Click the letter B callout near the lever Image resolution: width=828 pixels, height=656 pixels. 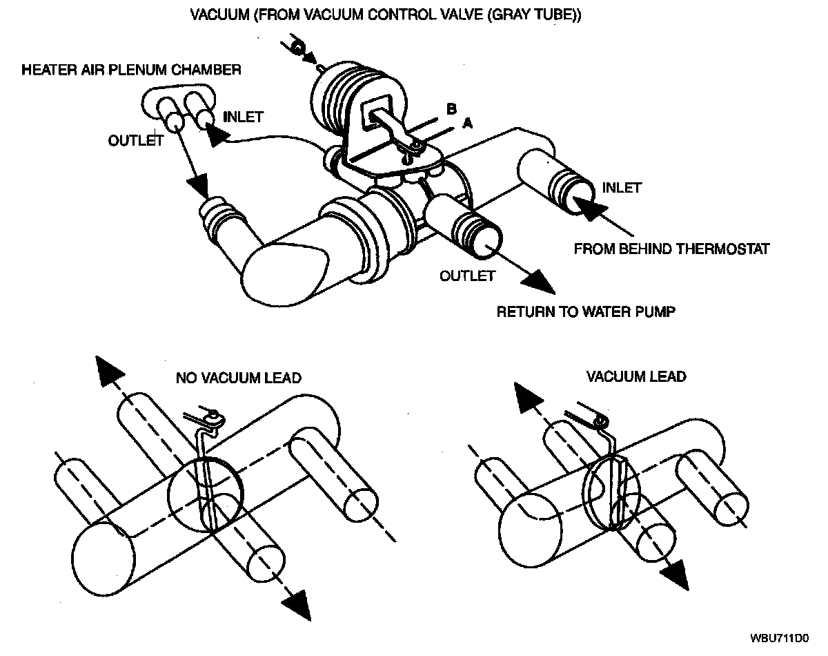click(451, 109)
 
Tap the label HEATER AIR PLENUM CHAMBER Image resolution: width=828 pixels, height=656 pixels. click(131, 70)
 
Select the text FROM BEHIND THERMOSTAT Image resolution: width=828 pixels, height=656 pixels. click(671, 249)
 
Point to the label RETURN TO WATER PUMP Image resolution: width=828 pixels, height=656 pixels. click(585, 311)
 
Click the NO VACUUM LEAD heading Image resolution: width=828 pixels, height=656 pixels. click(238, 378)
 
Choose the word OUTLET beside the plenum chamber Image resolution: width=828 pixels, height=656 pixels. click(135, 140)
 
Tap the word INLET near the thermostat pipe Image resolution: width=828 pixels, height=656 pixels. click(622, 187)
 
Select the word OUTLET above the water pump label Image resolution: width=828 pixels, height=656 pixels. click(467, 276)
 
